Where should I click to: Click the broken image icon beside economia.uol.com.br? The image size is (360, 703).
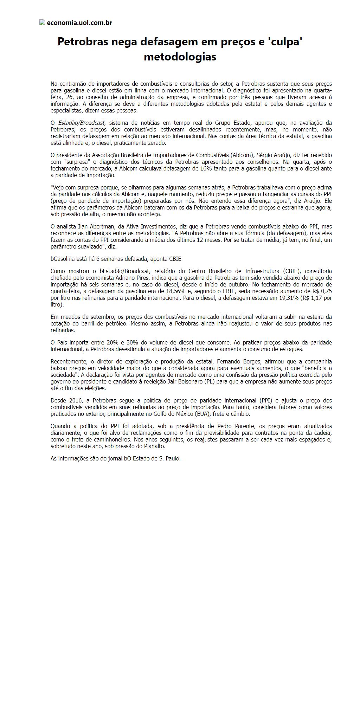coord(42,22)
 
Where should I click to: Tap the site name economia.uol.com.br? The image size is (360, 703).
coord(79,23)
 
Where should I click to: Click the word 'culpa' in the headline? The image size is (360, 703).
coord(285,41)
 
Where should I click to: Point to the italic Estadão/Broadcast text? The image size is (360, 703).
coord(81,123)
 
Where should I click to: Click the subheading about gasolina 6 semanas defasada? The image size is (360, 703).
coord(116,259)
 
